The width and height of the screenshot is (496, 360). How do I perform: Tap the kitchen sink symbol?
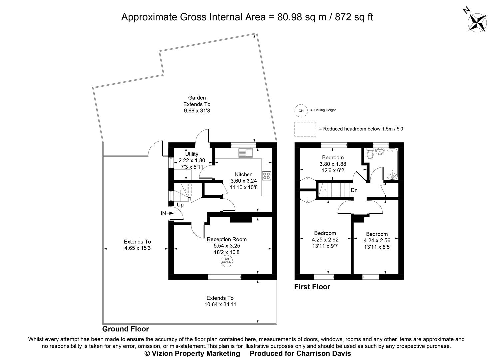(x=246, y=153)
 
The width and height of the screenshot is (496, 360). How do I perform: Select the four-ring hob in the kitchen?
(x=266, y=176)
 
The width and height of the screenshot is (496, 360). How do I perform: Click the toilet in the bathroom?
(x=369, y=154)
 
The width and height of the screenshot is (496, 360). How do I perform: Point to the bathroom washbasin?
(x=380, y=152)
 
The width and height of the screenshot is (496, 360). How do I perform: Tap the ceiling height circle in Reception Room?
(x=227, y=261)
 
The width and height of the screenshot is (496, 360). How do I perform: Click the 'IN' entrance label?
(x=163, y=213)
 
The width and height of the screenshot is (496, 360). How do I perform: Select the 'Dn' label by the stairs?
(x=354, y=190)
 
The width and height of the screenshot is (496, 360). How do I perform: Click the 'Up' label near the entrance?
(x=180, y=205)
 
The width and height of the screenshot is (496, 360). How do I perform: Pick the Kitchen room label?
(x=244, y=174)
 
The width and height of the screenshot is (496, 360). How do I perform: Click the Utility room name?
(x=192, y=154)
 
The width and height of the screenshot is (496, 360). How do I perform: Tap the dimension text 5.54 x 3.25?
(x=227, y=246)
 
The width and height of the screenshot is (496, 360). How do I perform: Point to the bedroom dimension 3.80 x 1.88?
(x=333, y=164)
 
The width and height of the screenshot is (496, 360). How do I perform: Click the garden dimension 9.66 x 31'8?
(x=197, y=111)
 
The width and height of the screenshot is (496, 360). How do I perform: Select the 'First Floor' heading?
(x=312, y=287)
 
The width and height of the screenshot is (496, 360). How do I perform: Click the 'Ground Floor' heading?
(x=125, y=329)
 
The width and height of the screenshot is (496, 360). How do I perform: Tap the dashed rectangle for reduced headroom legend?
(x=305, y=129)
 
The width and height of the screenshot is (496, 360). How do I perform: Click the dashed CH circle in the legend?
(x=301, y=111)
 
